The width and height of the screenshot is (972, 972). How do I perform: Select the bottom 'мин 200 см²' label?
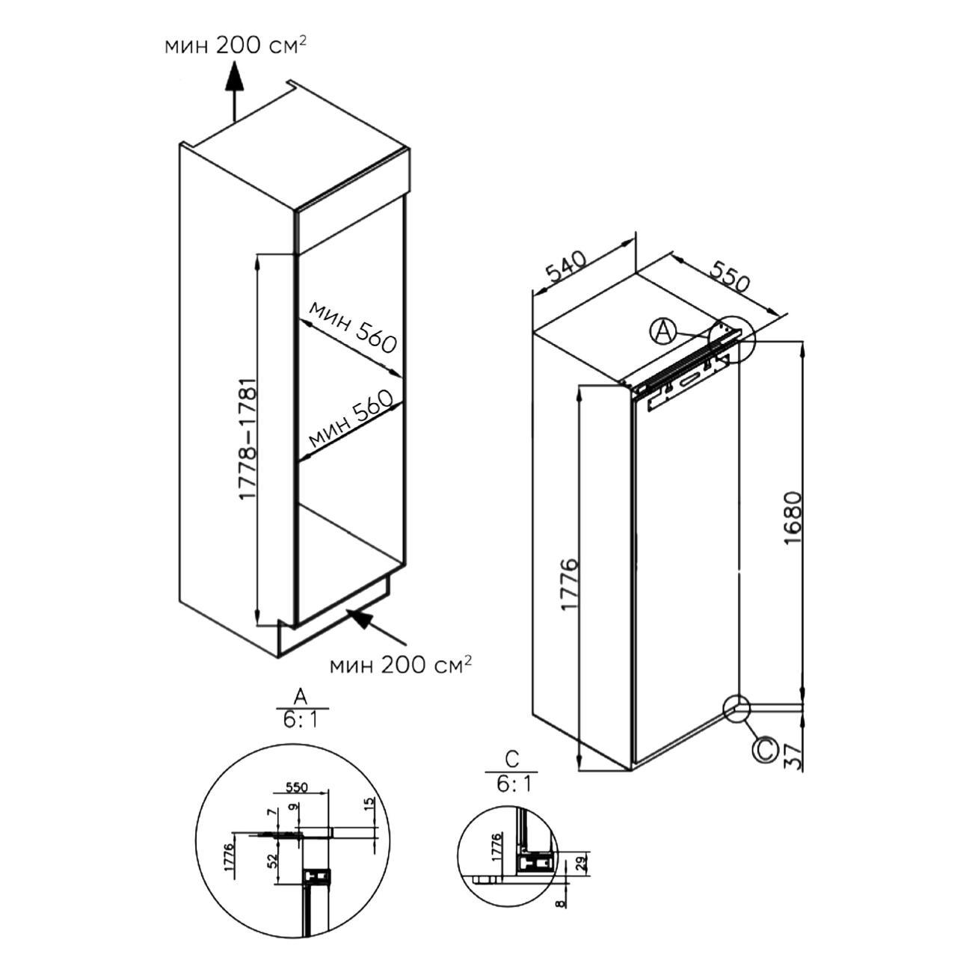pyautogui.click(x=402, y=663)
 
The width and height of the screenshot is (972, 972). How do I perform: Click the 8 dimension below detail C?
pyautogui.click(x=562, y=903)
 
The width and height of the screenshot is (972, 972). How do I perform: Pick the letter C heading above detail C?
pyautogui.click(x=511, y=760)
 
